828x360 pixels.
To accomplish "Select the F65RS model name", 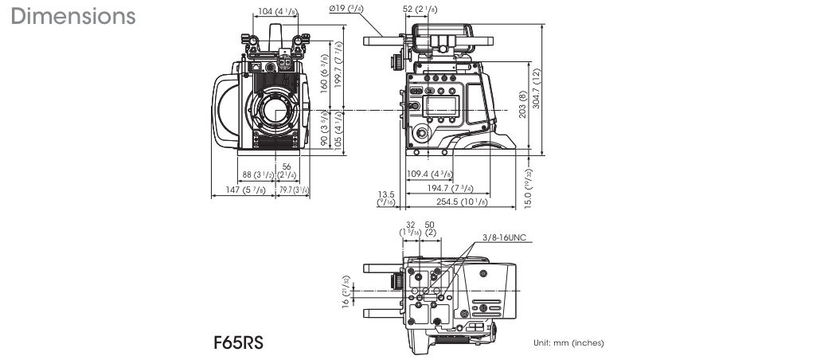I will click(238, 343).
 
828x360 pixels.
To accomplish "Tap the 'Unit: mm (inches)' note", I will click(568, 343).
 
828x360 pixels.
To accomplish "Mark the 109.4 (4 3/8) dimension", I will click(430, 174).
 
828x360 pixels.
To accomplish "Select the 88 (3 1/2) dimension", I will click(256, 174).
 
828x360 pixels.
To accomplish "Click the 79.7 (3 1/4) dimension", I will click(295, 190).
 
